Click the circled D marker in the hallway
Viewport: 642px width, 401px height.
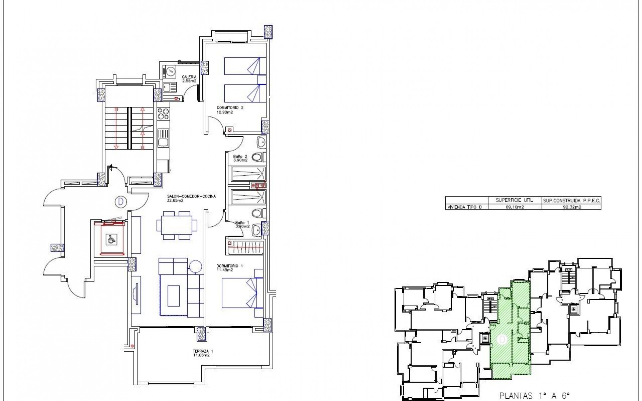[x=120, y=202]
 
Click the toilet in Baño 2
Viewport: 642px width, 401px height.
[x=258, y=157]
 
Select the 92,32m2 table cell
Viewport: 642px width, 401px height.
[x=571, y=207]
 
